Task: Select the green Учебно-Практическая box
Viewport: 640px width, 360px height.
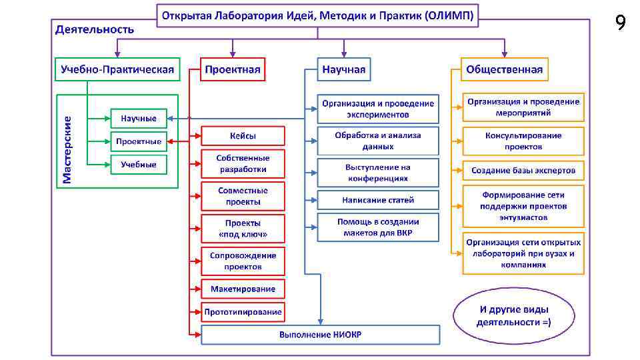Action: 117,69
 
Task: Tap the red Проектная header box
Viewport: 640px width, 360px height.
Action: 233,69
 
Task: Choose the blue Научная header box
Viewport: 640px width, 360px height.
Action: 344,69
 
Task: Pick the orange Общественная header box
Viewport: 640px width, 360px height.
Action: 505,69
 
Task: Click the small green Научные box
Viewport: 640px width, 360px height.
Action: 139,119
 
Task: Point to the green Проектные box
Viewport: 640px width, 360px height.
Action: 139,141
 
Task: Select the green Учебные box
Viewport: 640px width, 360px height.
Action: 139,164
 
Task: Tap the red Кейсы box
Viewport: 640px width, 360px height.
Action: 243,136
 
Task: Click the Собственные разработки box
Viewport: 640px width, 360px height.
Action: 243,163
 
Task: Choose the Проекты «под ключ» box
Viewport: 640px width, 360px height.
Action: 243,229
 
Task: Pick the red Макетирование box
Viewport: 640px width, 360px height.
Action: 243,289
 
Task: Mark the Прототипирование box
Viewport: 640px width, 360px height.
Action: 243,311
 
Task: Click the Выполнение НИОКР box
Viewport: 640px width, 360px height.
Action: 320,334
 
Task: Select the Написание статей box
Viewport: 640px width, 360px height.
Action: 378,199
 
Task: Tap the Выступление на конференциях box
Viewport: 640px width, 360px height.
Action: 378,173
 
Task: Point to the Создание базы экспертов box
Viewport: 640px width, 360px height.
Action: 523,170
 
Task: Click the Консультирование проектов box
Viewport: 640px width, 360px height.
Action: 523,141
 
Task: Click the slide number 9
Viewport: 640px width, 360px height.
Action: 620,23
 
